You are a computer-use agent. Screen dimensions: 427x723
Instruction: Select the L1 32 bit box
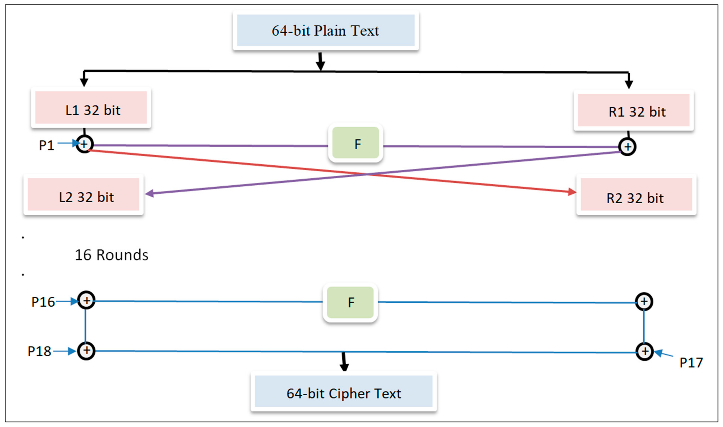[x=91, y=108]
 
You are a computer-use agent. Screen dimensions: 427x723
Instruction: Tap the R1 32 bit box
[x=633, y=110]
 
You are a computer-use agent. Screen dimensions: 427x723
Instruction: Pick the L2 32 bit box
[x=83, y=195]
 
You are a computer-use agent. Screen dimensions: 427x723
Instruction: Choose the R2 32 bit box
[x=636, y=195]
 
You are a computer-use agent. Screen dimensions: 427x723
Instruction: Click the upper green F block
[x=355, y=143]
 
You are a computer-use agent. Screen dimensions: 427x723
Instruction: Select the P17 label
[x=691, y=363]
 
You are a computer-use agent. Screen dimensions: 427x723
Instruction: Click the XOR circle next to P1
[x=84, y=144]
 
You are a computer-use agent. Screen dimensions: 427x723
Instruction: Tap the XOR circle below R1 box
[x=627, y=147]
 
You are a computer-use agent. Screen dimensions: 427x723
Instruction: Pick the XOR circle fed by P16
[x=86, y=301]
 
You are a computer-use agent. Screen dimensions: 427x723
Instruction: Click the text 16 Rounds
[x=111, y=255]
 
